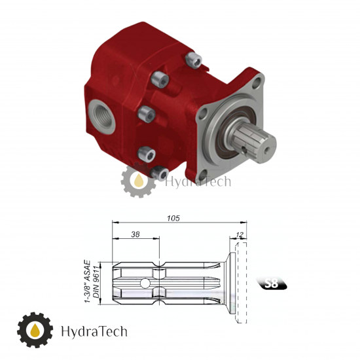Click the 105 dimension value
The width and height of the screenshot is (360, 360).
(x=173, y=218)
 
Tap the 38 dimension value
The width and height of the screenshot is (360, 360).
(x=135, y=234)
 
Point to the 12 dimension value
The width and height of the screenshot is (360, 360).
(x=239, y=234)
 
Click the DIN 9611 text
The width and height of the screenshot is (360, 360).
(x=96, y=283)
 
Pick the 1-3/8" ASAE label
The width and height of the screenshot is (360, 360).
(x=88, y=281)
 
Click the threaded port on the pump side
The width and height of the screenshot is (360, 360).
(x=101, y=117)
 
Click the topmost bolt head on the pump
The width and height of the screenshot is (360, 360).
(x=194, y=60)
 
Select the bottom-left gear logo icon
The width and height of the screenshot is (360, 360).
(x=35, y=330)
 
